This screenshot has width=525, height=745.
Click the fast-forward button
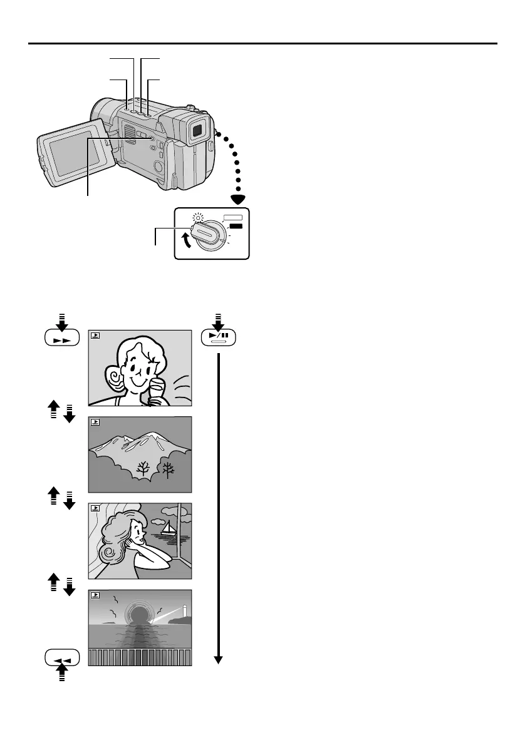coord(63,339)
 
